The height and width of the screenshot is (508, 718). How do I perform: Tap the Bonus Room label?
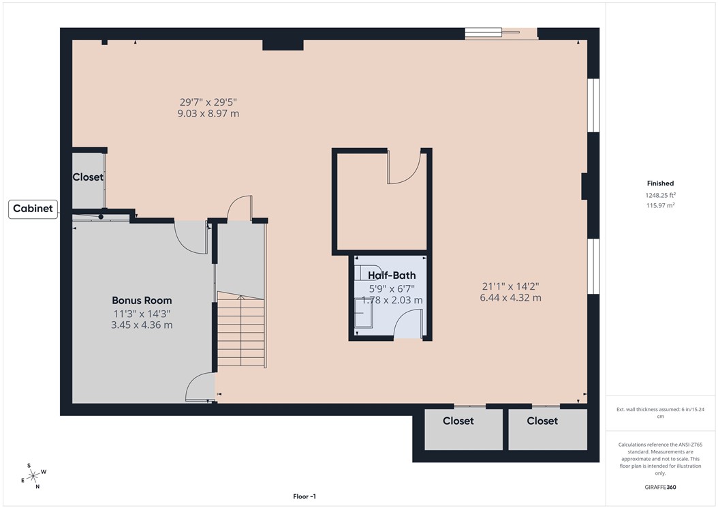coord(142,300)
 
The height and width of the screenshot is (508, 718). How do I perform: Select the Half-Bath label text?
coord(392,275)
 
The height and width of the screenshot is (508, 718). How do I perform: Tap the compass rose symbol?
coord(33,475)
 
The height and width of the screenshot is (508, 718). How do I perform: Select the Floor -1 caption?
coord(305,496)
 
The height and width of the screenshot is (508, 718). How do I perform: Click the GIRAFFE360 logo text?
coord(660,488)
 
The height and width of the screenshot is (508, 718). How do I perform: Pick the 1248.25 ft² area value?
coord(660,195)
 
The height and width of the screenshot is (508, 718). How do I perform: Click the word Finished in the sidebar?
coord(660,183)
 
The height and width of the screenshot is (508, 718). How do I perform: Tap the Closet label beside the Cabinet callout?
coord(88,177)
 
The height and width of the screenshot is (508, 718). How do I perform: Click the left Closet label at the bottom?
coord(458,421)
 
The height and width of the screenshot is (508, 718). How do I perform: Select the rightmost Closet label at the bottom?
coord(542,421)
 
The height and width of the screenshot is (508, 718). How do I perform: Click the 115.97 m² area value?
coord(660,205)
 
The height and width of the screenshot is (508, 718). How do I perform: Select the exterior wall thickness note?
coord(660,412)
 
